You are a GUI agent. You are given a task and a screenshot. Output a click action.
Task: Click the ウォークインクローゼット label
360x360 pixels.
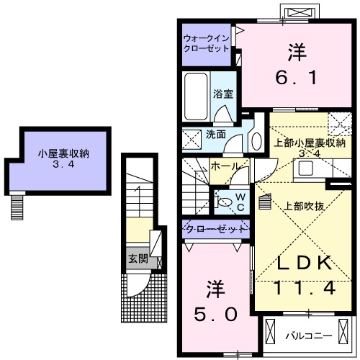206,42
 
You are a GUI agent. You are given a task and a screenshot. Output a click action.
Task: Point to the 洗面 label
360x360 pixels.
215,134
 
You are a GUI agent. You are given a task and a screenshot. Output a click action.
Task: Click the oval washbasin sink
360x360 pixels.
256,140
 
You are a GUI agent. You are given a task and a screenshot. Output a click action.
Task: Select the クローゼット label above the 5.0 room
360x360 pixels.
215,229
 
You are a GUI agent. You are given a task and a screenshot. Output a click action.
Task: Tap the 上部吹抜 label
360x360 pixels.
302,206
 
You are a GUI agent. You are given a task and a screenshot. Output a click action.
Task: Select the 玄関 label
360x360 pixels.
138,258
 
